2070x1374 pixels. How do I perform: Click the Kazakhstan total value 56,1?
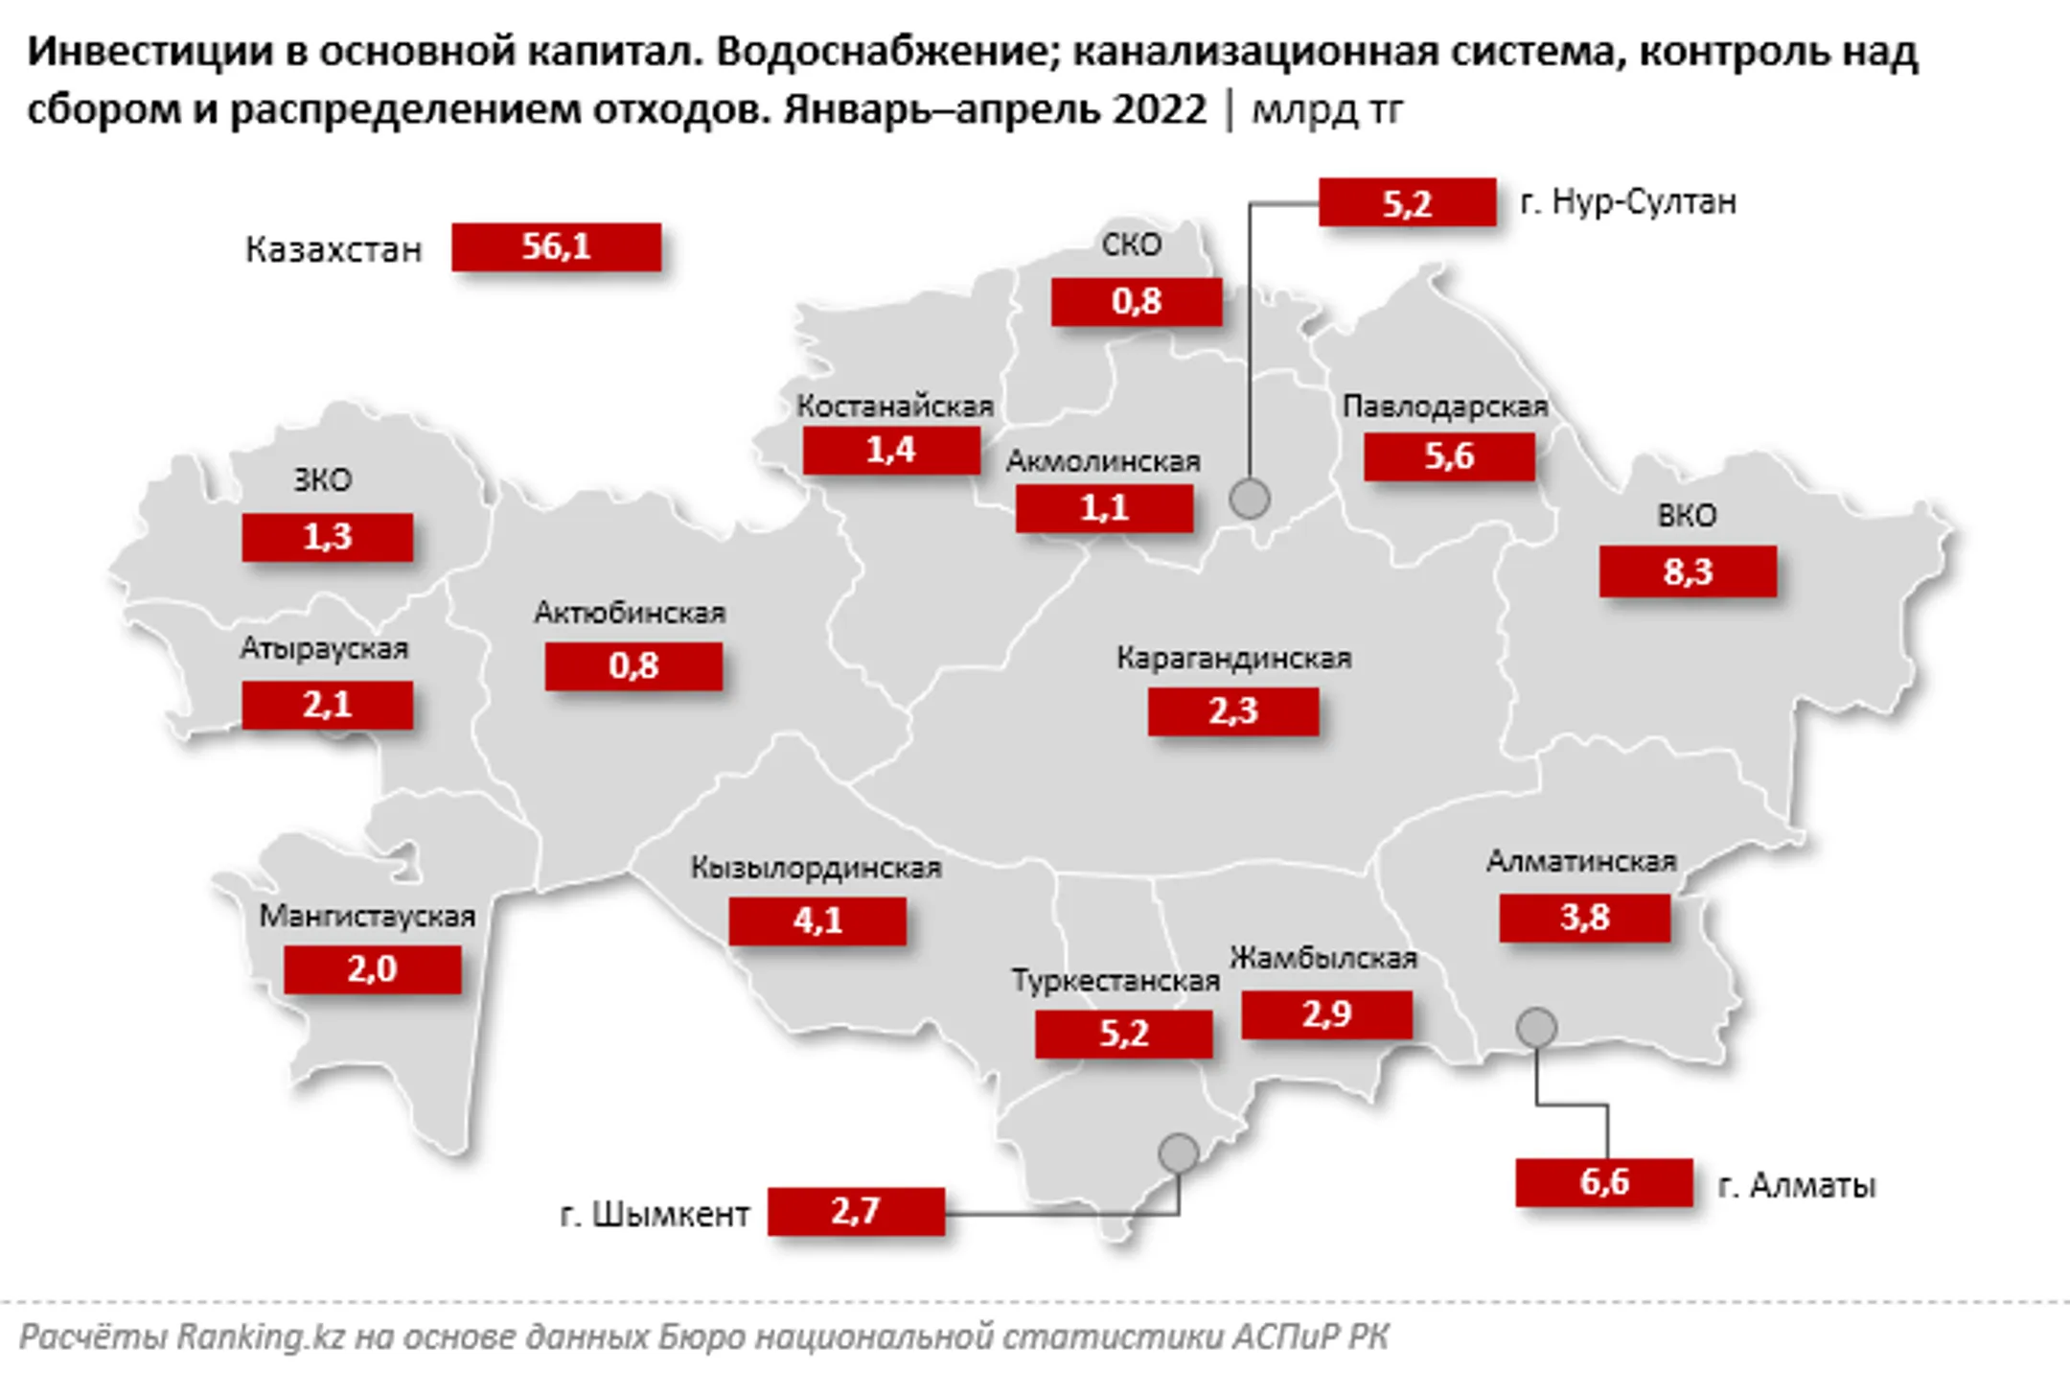click(556, 247)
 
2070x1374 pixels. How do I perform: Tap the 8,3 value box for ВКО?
click(1688, 571)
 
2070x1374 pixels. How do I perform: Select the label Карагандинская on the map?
click(1233, 658)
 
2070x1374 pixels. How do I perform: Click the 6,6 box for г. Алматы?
click(1603, 1181)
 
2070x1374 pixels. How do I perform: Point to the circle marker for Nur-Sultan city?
click(1250, 499)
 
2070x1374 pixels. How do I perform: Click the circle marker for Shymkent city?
click(1178, 1153)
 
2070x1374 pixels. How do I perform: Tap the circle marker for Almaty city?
click(1536, 1028)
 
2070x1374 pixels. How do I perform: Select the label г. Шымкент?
click(655, 1214)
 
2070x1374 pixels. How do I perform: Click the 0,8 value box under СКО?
click(1136, 301)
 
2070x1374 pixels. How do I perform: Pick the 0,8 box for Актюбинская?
click(633, 665)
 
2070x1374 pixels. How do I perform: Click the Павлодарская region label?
click(1445, 407)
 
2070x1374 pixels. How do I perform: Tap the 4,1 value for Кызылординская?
click(817, 920)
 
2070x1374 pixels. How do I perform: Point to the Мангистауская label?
click(367, 916)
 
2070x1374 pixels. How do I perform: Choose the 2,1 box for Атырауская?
click(327, 705)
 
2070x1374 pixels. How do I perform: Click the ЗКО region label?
click(323, 479)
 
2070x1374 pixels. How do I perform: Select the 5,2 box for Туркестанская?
click(1123, 1034)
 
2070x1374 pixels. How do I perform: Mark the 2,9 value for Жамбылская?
click(1326, 1013)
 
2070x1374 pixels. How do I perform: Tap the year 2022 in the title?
click(1159, 109)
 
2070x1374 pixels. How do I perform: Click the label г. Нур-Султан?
click(1628, 201)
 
